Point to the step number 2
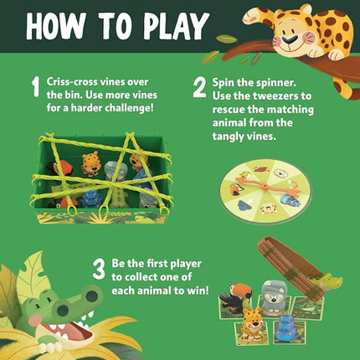pyautogui.click(x=199, y=88)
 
